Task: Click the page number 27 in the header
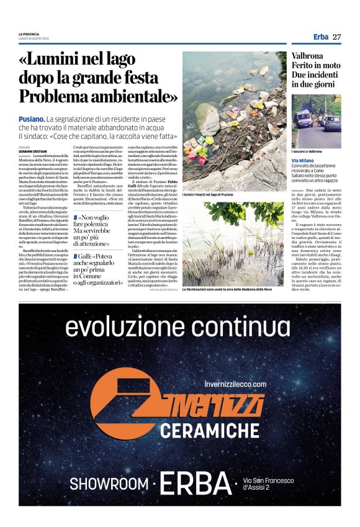click(337, 37)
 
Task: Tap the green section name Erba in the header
click(320, 37)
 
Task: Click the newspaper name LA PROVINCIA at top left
click(29, 33)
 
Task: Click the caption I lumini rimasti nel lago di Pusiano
click(211, 195)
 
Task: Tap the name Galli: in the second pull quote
click(88, 255)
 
